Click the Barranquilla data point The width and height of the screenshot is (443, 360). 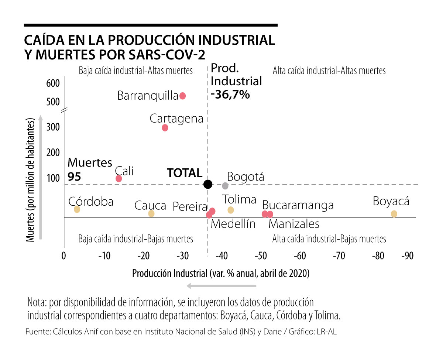click(x=182, y=96)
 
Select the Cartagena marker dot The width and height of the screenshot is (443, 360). click(x=165, y=128)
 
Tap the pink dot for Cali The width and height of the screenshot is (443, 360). click(x=119, y=179)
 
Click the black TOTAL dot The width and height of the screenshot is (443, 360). click(x=208, y=184)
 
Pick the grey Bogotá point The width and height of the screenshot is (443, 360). click(x=225, y=186)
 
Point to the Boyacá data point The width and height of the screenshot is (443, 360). click(x=394, y=214)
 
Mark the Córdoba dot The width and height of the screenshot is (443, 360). click(x=77, y=209)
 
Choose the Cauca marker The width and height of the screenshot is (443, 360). click(x=151, y=213)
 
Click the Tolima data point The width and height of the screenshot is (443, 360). click(x=231, y=210)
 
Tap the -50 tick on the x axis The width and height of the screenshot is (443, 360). click(x=261, y=256)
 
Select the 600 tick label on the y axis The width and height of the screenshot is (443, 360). click(x=53, y=84)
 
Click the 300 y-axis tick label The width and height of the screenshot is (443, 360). click(x=53, y=127)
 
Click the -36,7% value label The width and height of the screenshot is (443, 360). click(x=231, y=95)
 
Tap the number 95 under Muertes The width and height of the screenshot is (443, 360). click(x=75, y=176)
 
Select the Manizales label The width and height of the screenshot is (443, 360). click(x=294, y=224)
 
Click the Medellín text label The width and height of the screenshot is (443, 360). click(x=233, y=224)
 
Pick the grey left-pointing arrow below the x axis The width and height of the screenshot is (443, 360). click(x=221, y=286)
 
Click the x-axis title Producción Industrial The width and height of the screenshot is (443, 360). click(x=221, y=274)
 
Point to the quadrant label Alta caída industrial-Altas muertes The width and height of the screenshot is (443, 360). click(x=329, y=71)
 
